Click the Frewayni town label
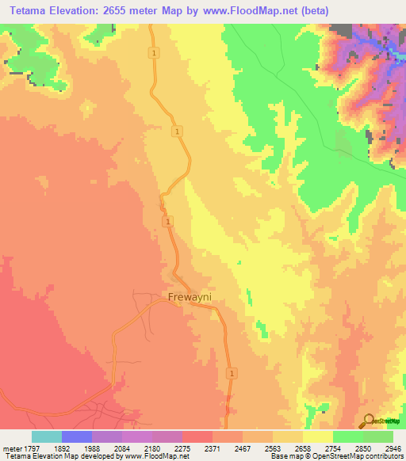coord(193,298)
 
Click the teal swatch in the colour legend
coord(47,436)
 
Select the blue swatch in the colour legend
coord(77,436)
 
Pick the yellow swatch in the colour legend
coord(317,436)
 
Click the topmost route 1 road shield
coord(151,52)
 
